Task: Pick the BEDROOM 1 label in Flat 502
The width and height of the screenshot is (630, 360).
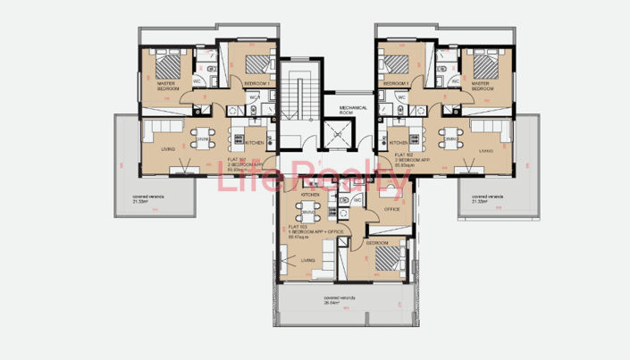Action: click(395, 82)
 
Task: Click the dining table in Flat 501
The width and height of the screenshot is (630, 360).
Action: click(203, 138)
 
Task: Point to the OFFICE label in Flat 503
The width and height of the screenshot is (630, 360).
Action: click(391, 209)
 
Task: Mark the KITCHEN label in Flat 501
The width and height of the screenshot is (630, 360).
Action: click(255, 143)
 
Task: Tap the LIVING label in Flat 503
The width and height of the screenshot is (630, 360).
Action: click(308, 260)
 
